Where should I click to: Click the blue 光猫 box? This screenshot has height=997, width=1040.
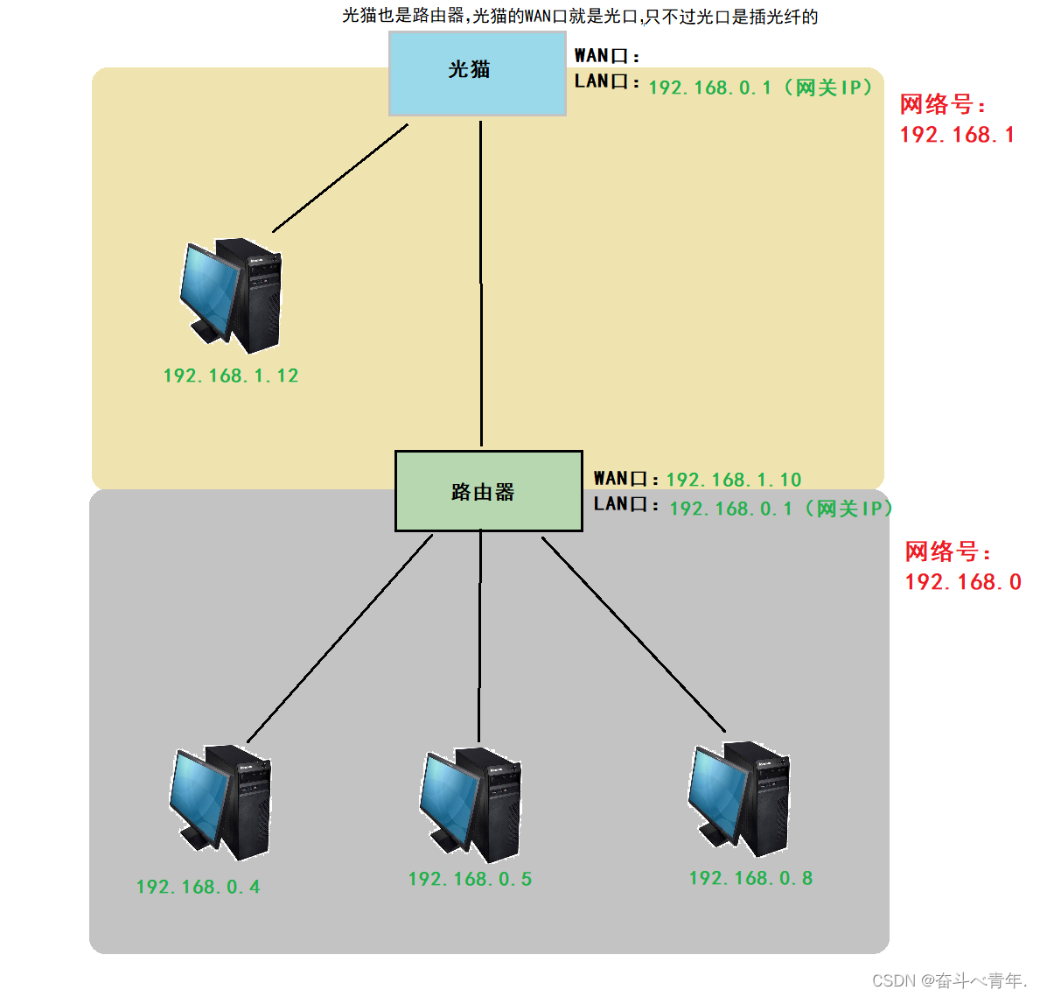tap(477, 74)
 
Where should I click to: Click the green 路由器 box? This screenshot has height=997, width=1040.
tap(488, 491)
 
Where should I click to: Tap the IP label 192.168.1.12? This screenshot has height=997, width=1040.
tap(231, 376)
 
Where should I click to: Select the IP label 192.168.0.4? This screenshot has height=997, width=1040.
tap(199, 887)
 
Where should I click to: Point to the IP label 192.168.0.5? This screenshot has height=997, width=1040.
tap(470, 879)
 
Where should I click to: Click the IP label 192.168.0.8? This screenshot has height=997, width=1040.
tap(750, 878)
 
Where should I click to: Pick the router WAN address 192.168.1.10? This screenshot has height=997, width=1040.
tap(733, 480)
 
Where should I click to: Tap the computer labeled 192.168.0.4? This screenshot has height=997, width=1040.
tap(221, 802)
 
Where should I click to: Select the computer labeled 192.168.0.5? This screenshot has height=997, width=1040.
tap(471, 804)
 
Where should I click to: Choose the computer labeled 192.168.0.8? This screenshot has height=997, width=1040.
tap(740, 798)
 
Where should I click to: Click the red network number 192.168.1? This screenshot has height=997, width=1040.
tap(957, 135)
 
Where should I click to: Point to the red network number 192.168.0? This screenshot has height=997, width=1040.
tap(962, 582)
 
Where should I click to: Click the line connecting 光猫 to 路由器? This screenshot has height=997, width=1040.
tap(480, 280)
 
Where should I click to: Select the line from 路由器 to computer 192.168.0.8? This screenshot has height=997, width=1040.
tap(633, 635)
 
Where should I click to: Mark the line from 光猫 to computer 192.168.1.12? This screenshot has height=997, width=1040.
tap(341, 177)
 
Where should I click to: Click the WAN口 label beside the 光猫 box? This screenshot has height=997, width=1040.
tap(606, 56)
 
